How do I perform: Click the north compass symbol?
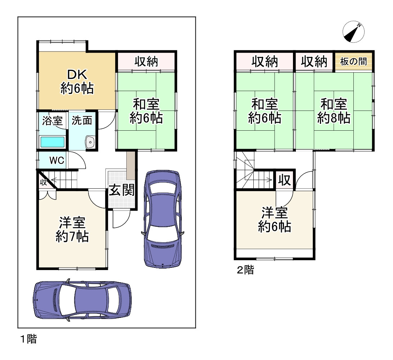pyautogui.click(x=353, y=32)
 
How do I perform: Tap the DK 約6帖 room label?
pyautogui.click(x=77, y=81)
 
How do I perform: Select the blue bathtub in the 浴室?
pyautogui.click(x=53, y=142)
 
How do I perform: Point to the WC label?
pyautogui.click(x=57, y=161)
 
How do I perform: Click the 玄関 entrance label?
pyautogui.click(x=122, y=190)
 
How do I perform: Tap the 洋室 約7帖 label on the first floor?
pyautogui.click(x=72, y=229)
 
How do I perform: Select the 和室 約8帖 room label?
pyautogui.click(x=334, y=111)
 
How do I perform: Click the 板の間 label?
pyautogui.click(x=353, y=62)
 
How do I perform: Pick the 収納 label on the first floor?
pyautogui.click(x=146, y=62)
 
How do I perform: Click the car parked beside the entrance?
pyautogui.click(x=163, y=219)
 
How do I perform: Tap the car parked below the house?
pyautogui.click(x=82, y=300)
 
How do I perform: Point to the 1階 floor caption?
pyautogui.click(x=28, y=339)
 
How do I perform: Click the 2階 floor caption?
pyautogui.click(x=245, y=270)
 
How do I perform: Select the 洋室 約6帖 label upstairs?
pyautogui.click(x=275, y=220)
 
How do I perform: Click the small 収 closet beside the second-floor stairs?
pyautogui.click(x=284, y=180)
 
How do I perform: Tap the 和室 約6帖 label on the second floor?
pyautogui.click(x=265, y=111)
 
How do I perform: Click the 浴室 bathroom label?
pyautogui.click(x=52, y=121)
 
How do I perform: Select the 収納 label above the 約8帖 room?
pyautogui.click(x=314, y=62)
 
